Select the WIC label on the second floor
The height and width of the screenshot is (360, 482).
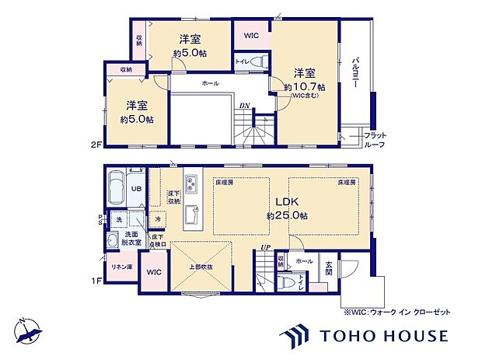pos(251,35)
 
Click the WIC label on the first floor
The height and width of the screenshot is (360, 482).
pos(153,272)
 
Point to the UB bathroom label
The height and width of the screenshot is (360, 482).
pos(135,188)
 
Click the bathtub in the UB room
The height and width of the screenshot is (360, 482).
pos(117,187)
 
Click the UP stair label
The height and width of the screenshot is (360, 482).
pos(266,249)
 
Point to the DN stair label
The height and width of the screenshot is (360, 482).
pos(243,107)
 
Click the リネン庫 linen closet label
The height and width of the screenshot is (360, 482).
pos(120,267)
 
